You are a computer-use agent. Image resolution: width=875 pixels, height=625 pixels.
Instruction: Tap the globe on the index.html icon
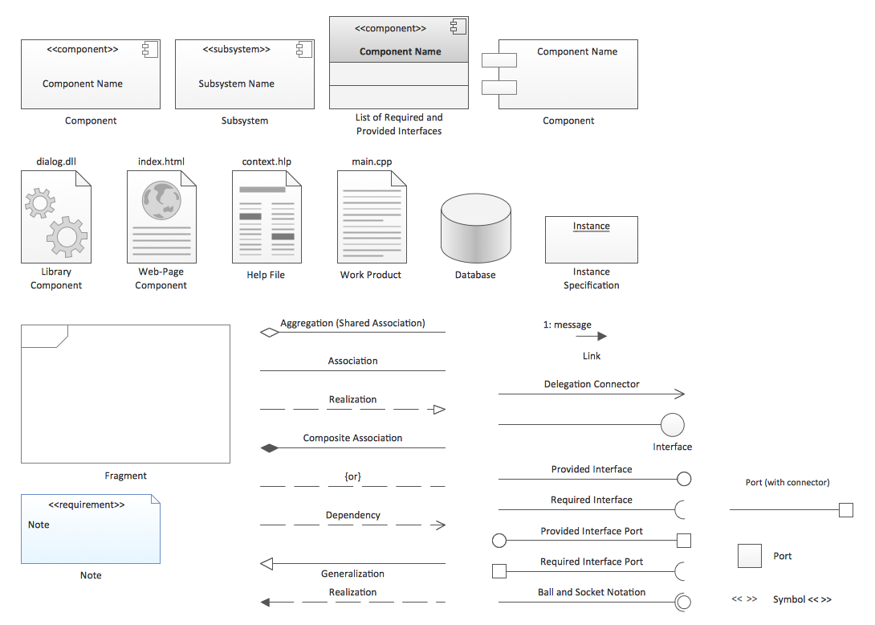(161, 200)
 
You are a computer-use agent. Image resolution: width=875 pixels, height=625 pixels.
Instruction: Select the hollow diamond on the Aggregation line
(270, 332)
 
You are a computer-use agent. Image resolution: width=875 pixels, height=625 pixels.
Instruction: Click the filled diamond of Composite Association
(270, 448)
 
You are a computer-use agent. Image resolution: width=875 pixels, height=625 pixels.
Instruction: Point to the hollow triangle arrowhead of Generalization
(269, 563)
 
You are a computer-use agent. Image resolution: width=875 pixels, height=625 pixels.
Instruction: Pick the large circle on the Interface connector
(672, 425)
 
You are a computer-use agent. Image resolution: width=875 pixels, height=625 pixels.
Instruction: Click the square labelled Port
(750, 556)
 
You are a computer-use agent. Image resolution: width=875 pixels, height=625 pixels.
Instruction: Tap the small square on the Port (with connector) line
(845, 510)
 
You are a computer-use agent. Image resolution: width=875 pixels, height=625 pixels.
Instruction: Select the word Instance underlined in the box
(592, 227)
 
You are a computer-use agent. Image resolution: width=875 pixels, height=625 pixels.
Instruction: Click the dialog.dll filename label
(56, 161)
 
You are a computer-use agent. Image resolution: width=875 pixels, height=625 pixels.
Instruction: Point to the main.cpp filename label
(372, 161)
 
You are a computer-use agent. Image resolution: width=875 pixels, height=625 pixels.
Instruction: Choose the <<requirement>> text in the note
(87, 504)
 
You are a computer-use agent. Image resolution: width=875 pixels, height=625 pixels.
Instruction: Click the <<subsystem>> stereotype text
(236, 50)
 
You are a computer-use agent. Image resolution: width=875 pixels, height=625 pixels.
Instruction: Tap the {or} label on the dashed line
(352, 476)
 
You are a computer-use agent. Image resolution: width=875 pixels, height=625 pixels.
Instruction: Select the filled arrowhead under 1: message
(601, 337)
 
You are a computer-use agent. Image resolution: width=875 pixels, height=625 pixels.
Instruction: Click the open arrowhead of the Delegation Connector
(680, 394)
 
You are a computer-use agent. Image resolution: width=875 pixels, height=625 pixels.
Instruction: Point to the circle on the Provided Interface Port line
(499, 541)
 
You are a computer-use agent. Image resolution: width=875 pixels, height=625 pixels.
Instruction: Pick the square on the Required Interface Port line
(499, 571)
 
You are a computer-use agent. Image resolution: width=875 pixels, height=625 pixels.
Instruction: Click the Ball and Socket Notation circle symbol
(683, 602)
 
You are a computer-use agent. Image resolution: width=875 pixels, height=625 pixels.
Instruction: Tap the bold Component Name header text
(401, 51)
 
